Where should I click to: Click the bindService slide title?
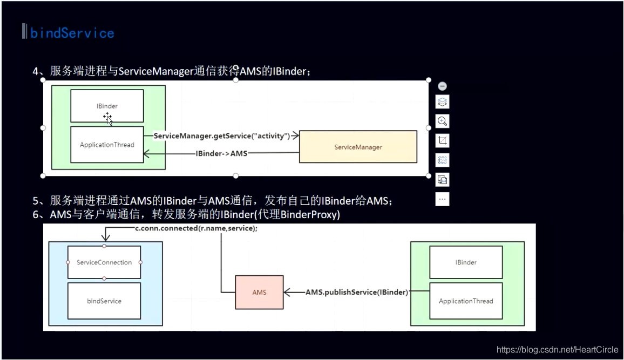tap(72, 33)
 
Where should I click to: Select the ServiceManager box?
tap(358, 147)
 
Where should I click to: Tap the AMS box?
tap(259, 293)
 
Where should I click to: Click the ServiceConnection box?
tap(104, 262)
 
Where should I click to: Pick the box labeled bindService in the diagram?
tap(104, 301)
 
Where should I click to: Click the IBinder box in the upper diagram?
tap(107, 106)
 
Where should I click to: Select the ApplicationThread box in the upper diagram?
tap(107, 145)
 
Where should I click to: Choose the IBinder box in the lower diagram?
tap(466, 262)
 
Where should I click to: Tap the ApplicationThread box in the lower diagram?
tap(466, 301)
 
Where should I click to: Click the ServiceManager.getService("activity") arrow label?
tap(222, 135)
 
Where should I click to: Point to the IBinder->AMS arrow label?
tap(221, 153)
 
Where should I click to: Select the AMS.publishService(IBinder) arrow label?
tap(357, 293)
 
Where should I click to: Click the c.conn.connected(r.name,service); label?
tap(196, 228)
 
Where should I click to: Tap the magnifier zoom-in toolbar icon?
tap(442, 121)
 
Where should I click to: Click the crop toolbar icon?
tap(442, 141)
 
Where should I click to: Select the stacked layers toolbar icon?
tap(442, 102)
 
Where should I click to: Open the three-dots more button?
tap(442, 199)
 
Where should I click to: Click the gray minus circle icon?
tap(442, 86)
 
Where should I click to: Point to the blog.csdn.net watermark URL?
tap(557, 350)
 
